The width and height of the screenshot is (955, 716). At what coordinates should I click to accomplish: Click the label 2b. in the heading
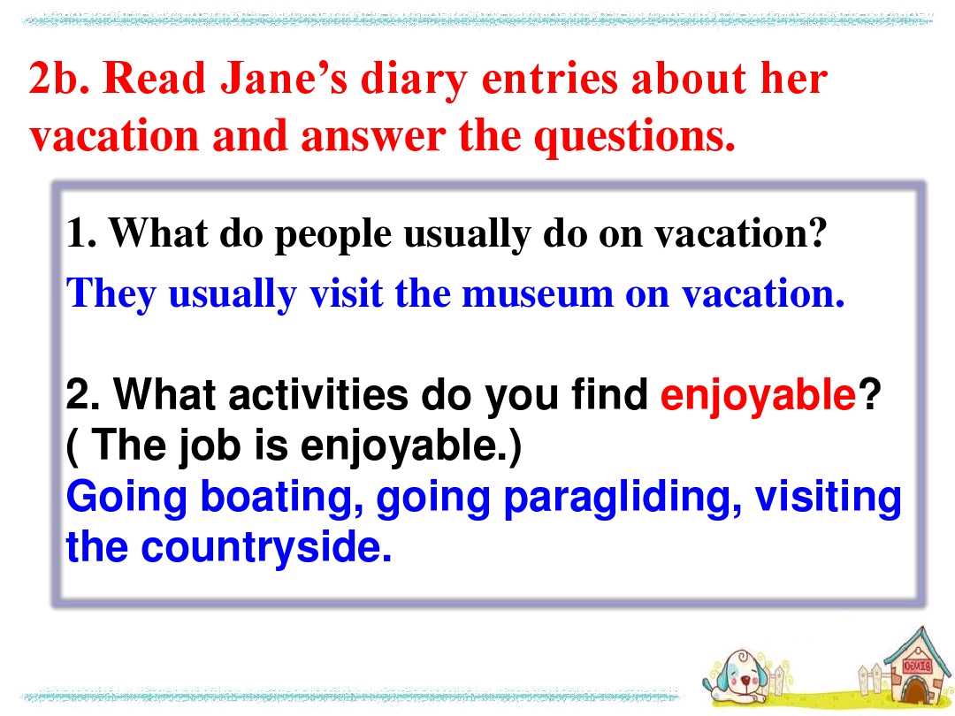pyautogui.click(x=59, y=80)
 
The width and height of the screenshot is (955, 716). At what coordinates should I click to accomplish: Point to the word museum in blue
pyautogui.click(x=538, y=295)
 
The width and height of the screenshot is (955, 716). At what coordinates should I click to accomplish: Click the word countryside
pyautogui.click(x=266, y=547)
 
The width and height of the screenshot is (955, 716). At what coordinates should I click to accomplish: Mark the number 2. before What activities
pyautogui.click(x=82, y=394)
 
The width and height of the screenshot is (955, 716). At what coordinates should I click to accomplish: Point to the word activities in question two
pyautogui.click(x=318, y=394)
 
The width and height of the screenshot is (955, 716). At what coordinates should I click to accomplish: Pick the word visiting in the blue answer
pyautogui.click(x=828, y=498)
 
